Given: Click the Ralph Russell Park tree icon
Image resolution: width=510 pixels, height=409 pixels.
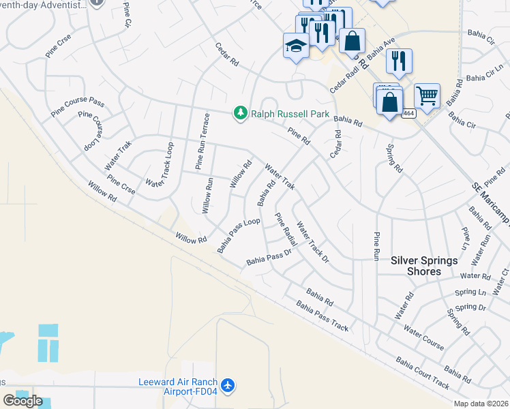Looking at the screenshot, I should tap(240, 113).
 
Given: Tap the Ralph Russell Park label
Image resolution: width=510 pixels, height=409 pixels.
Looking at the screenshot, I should tap(290, 114).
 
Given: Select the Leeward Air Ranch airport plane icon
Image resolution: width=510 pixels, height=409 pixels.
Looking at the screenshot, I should tap(228, 386).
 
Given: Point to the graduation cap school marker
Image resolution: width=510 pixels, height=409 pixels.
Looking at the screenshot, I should tap(295, 46).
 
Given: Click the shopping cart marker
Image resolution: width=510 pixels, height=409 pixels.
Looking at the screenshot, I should tap(427, 96).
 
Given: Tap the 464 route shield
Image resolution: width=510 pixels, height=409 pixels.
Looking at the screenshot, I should tap(408, 113).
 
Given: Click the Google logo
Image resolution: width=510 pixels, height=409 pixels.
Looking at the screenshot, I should tap(22, 401).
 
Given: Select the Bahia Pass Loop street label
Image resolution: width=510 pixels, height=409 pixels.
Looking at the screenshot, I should tap(239, 236).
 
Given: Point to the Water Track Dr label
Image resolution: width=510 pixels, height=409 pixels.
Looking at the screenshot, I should tap(313, 245).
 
